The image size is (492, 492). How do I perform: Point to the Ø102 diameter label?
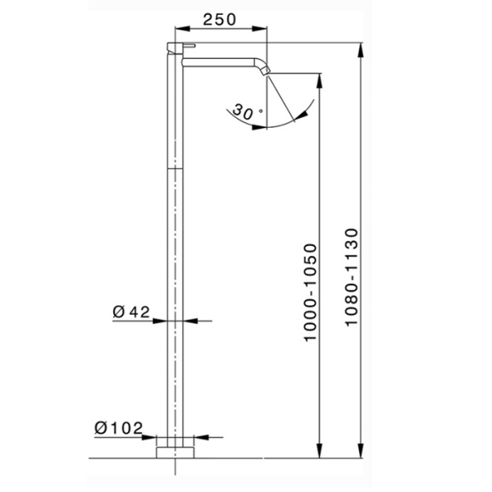click(119, 428)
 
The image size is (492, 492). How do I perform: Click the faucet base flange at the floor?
click(176, 451)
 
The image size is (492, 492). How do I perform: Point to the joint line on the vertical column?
click(176, 166)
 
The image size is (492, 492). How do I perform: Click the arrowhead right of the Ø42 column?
click(190, 320)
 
